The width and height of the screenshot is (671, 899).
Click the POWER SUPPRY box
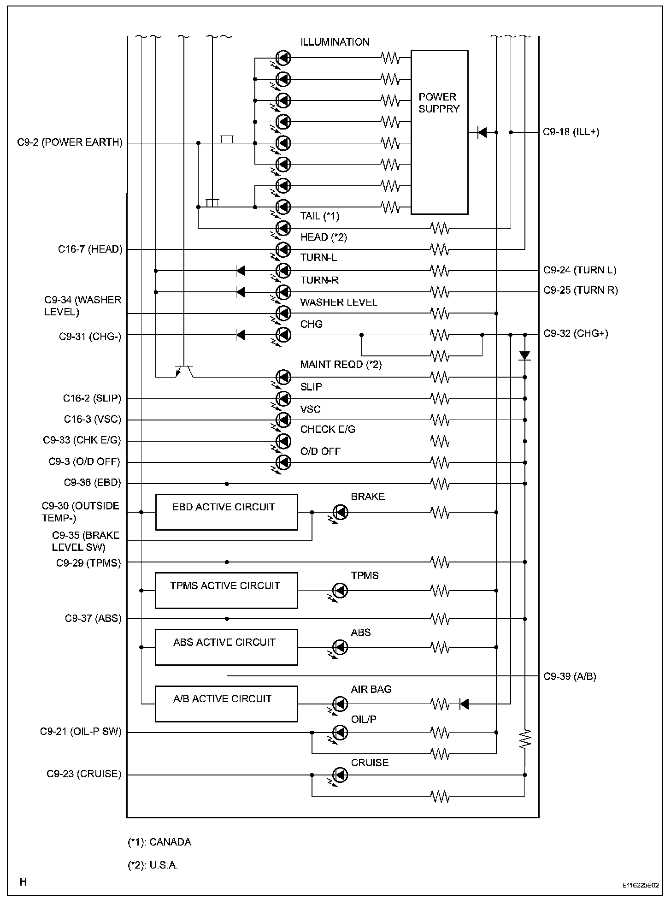(439, 132)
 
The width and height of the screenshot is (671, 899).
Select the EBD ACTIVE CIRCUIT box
(226, 512)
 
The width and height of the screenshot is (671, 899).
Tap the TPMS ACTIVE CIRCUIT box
(226, 590)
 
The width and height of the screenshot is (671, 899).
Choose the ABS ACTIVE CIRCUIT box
(226, 647)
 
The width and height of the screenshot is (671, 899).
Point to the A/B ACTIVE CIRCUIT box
(226, 704)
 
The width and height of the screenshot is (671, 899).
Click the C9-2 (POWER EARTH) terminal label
(70, 142)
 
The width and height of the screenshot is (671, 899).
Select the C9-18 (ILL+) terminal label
(571, 132)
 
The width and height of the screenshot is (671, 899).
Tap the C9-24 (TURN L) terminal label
(580, 270)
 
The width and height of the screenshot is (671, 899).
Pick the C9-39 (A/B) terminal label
(570, 676)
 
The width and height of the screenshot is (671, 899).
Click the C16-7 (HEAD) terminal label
(90, 249)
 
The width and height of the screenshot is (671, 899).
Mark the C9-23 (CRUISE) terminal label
(84, 774)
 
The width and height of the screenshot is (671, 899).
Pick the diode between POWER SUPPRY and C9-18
(482, 133)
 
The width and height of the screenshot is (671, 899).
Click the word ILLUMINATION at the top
(335, 42)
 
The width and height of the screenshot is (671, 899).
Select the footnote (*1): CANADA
(159, 842)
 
